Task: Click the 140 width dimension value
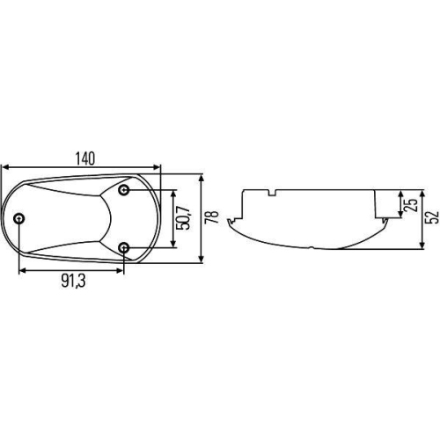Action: point(84,158)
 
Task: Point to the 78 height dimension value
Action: point(211,218)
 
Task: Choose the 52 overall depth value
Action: point(430,218)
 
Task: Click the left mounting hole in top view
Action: point(20,219)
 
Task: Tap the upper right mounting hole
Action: point(125,191)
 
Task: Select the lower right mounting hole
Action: point(125,247)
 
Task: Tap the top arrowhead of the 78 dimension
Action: point(202,176)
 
